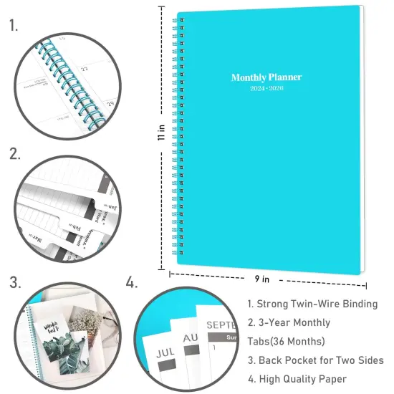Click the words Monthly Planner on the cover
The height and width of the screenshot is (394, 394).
click(x=266, y=77)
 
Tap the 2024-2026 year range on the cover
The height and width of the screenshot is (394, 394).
click(x=266, y=90)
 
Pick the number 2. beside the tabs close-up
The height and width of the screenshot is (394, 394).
click(x=14, y=153)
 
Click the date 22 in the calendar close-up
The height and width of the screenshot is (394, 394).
click(x=85, y=69)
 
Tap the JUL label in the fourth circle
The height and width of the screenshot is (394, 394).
click(x=165, y=353)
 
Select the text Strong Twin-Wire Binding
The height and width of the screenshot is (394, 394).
click(x=312, y=304)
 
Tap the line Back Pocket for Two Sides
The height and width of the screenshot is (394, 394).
click(x=315, y=360)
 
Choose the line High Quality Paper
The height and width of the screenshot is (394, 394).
click(x=297, y=378)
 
